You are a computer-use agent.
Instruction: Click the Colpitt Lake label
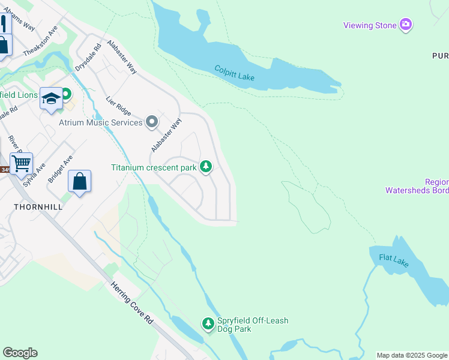[x=235, y=73]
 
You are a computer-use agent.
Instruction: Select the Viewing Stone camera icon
[x=406, y=25]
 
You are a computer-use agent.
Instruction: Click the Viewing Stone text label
[x=370, y=25]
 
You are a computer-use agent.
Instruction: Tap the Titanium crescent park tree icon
[x=206, y=166]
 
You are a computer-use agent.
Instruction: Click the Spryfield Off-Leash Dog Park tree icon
[x=208, y=324]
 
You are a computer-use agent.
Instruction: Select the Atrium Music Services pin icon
[x=152, y=122]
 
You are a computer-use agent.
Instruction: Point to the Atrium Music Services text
[x=100, y=122]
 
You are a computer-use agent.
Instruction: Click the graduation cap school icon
[x=51, y=97]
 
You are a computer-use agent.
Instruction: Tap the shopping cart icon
[x=21, y=163]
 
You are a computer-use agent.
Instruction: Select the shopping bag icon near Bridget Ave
[x=79, y=181]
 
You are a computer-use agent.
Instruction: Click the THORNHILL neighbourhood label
[x=38, y=206]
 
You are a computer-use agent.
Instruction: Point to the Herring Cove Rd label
[x=132, y=304]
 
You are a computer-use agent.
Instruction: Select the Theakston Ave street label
[x=40, y=41]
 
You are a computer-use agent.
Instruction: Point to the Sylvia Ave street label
[x=34, y=175]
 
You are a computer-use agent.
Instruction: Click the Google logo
[x=20, y=353]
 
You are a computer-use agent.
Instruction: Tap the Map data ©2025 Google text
[x=412, y=355]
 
